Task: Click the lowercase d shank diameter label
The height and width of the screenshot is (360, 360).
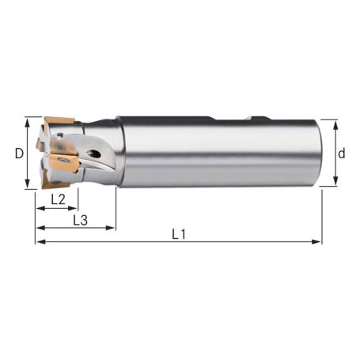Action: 341,153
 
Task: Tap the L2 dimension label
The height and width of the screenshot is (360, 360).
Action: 58,199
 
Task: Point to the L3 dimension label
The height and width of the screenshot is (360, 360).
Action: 80,219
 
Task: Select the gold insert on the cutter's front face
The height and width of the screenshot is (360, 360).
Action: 63,162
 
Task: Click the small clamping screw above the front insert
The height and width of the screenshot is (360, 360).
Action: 61,146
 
